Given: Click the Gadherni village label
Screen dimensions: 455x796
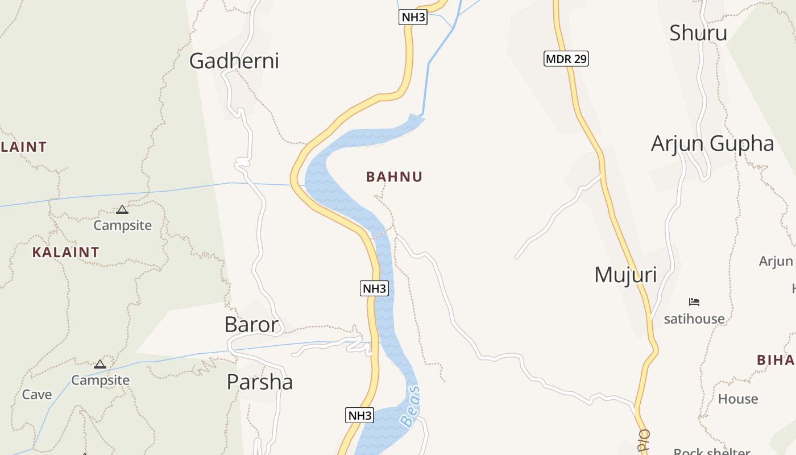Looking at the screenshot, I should (x=234, y=61).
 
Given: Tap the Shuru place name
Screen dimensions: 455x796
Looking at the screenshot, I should (x=698, y=33).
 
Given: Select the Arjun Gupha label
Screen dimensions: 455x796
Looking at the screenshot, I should (x=712, y=144).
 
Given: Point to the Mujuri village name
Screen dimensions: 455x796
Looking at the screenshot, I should (x=625, y=275).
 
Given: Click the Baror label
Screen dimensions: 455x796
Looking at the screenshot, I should (x=251, y=325).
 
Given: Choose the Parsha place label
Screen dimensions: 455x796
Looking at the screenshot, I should (x=259, y=382).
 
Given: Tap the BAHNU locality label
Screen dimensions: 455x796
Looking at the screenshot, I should (x=394, y=177).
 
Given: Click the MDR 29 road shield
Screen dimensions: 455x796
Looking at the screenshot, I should (x=566, y=59).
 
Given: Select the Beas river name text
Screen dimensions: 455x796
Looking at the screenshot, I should (x=410, y=406).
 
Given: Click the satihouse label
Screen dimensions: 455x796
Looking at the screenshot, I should (x=694, y=318).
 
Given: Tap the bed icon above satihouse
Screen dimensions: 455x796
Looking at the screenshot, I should (x=694, y=301).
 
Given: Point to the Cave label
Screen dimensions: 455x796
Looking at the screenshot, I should (x=37, y=394).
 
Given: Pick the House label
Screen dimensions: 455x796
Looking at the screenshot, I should (x=737, y=399).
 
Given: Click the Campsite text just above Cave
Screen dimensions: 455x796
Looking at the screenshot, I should (x=100, y=380).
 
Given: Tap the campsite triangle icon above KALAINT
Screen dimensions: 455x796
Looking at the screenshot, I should (x=122, y=210).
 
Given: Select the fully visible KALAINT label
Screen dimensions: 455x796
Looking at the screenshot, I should (x=65, y=252).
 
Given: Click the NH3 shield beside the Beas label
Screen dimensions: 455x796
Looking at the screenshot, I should (x=359, y=416).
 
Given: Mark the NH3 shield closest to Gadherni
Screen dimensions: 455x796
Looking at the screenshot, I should (x=413, y=17).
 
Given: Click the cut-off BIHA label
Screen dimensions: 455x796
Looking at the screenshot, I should (x=776, y=360).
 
